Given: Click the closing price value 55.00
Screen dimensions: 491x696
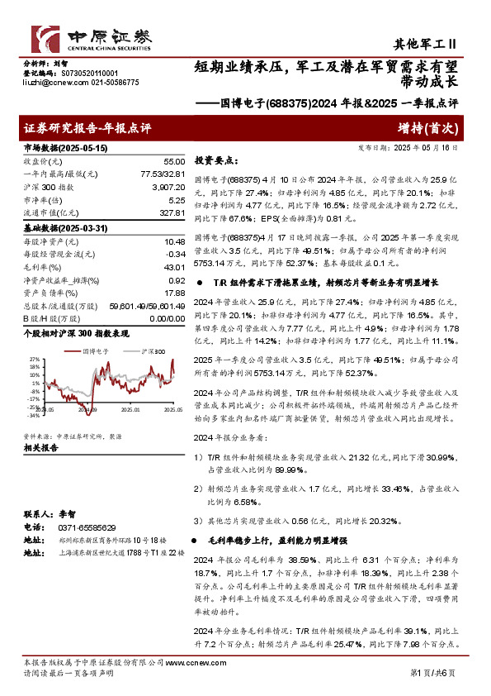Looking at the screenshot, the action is click(173, 161).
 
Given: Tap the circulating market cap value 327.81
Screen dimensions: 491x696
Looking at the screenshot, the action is click(171, 213).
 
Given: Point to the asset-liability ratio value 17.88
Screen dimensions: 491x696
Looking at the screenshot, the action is click(173, 293).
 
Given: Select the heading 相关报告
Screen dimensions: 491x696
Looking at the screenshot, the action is click(40, 448).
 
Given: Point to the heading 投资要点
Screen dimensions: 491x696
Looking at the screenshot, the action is click(215, 160).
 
